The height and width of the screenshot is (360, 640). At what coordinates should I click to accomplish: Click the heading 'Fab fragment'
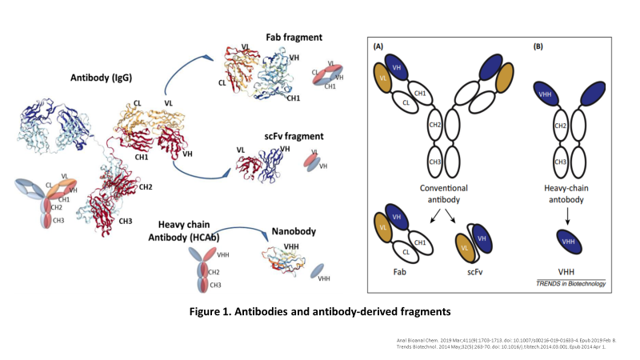[295, 37]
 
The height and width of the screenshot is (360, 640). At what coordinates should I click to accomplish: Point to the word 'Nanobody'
[294, 232]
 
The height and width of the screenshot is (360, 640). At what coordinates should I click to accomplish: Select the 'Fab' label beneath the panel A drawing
[401, 273]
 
